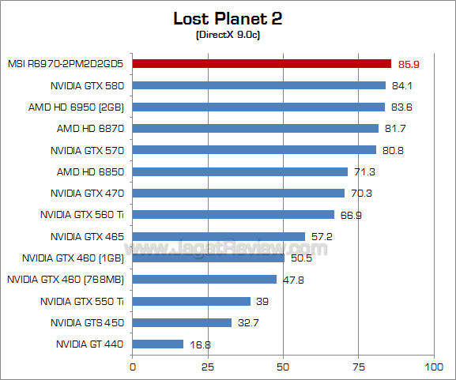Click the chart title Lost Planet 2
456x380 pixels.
point(228,18)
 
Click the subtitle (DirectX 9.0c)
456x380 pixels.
point(228,36)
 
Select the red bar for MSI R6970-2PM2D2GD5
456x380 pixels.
point(262,63)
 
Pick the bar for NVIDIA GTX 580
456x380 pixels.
point(258,85)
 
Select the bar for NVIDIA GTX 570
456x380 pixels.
point(254,149)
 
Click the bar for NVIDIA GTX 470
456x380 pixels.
point(238,193)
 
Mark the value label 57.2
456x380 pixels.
point(321,236)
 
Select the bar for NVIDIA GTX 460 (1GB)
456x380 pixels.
point(208,258)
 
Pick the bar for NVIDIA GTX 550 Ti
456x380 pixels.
point(191,301)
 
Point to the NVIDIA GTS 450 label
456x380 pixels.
point(87,322)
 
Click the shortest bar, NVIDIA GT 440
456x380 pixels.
point(157,344)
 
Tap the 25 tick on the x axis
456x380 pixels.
point(208,367)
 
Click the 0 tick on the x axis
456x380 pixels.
point(133,367)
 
